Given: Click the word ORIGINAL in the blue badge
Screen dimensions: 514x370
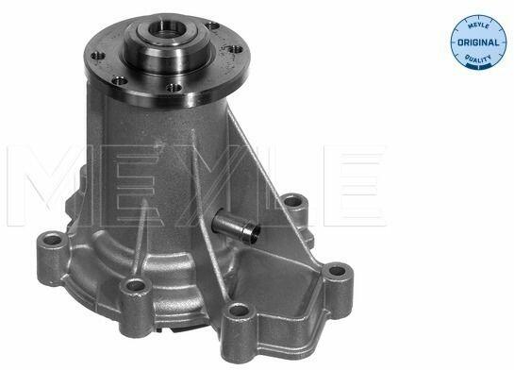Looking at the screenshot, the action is [478, 42].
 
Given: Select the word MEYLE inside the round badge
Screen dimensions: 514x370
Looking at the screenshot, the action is [478, 25].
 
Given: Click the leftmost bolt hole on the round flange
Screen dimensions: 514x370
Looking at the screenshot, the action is [98, 56].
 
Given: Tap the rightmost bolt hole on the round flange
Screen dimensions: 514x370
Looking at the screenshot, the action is [235, 49].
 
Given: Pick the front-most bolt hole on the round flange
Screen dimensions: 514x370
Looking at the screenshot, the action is [174, 88].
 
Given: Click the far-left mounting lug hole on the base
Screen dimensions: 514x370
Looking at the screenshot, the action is [53, 240].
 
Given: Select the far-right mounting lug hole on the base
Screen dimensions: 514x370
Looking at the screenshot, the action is [337, 271].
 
